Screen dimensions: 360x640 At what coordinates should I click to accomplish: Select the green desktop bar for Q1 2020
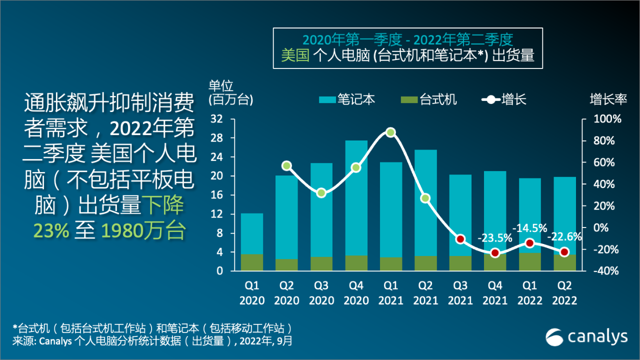click(252, 262)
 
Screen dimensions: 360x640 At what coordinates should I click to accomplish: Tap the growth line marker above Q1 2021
click(391, 132)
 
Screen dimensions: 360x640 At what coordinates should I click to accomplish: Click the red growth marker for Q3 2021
click(460, 239)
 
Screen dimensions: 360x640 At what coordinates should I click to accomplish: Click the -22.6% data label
click(564, 236)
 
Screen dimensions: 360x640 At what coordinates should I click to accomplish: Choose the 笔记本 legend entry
click(346, 99)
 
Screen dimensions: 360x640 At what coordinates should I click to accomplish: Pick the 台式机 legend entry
click(428, 99)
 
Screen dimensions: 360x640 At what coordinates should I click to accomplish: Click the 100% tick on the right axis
click(606, 119)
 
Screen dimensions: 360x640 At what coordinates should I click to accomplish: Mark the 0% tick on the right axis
click(602, 227)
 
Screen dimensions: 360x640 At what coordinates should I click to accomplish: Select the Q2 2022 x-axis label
click(564, 293)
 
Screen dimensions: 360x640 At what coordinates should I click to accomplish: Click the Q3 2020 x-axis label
click(321, 293)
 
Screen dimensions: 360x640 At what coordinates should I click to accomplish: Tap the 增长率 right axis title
click(608, 99)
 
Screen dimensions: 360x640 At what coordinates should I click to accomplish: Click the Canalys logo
click(586, 337)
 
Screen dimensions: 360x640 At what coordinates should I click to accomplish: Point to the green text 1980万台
click(143, 230)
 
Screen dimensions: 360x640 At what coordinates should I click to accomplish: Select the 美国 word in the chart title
click(295, 55)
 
